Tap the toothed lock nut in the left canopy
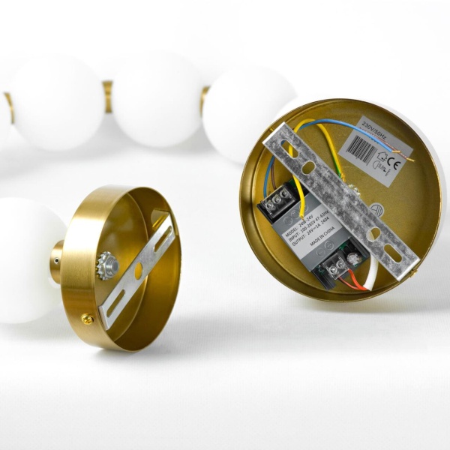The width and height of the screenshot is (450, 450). pos(107,266)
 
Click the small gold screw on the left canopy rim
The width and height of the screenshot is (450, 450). pos(88,319)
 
